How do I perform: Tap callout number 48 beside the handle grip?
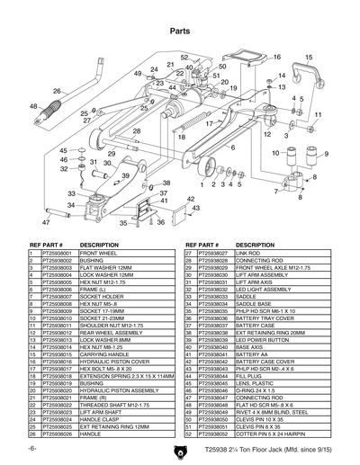click(x=34, y=106)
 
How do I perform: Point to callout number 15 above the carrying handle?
click(x=309, y=58)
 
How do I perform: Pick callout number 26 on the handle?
click(x=57, y=91)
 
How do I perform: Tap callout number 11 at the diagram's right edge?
click(x=317, y=113)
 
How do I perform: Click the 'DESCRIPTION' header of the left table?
click(x=100, y=244)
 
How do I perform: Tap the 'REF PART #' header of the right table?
click(x=203, y=244)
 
